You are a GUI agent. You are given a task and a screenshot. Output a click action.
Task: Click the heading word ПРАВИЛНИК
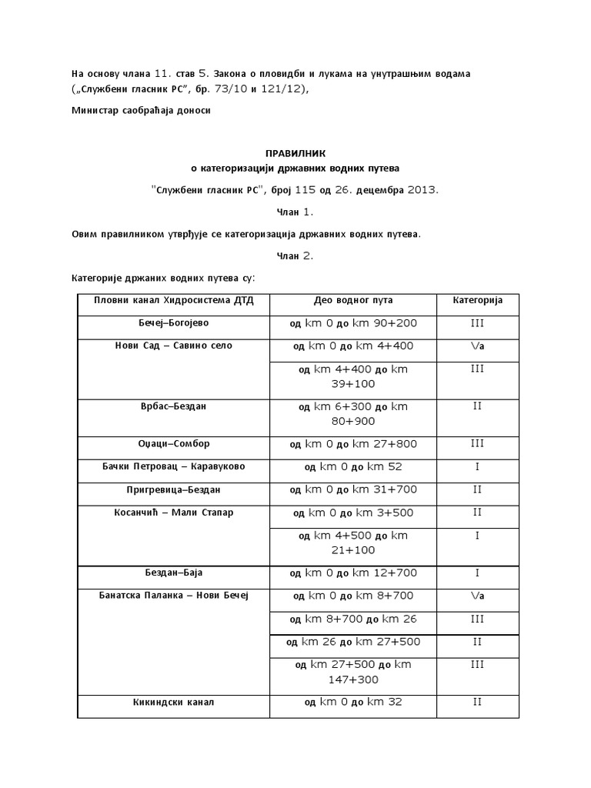[295, 153]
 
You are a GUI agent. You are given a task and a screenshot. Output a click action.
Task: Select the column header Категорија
[477, 300]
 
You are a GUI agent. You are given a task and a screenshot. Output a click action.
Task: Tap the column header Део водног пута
[352, 300]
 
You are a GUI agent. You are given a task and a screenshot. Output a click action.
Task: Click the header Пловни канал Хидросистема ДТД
[173, 300]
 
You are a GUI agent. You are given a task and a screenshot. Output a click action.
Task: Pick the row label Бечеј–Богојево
[174, 323]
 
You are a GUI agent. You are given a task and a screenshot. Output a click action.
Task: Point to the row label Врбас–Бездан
[174, 406]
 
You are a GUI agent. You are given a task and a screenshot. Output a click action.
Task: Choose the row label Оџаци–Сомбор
[174, 444]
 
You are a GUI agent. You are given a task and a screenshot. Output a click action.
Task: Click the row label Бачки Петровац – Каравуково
[174, 466]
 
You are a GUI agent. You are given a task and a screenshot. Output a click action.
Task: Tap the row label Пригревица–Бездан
[174, 489]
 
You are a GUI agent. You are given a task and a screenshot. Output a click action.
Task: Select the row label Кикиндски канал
[174, 702]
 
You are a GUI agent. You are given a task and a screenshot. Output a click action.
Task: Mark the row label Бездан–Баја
[174, 573]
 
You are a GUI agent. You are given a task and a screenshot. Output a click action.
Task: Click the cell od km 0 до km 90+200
[352, 324]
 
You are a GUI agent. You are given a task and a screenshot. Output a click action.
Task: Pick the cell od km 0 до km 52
[352, 467]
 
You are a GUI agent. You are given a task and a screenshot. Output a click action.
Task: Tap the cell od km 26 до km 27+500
[352, 642]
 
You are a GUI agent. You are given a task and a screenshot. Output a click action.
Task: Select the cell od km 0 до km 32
[352, 702]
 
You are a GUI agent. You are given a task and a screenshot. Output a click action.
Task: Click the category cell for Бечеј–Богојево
[477, 324]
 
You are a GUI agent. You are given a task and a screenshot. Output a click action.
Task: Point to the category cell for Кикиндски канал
[477, 702]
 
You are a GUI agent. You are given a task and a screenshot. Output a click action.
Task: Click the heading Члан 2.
[295, 256]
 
